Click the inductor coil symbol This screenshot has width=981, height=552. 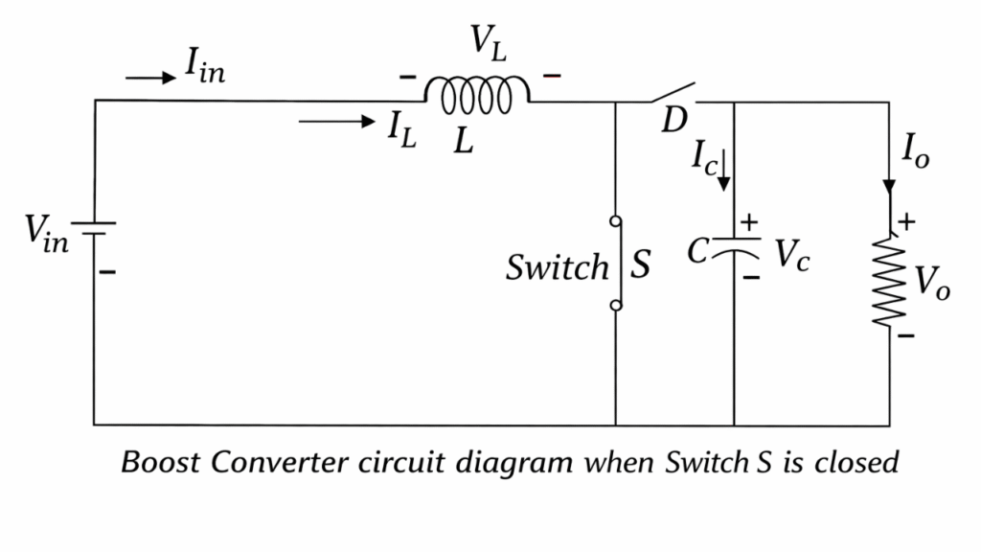click(477, 94)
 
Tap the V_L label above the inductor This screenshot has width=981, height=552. click(489, 44)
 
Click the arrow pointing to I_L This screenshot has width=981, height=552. click(336, 121)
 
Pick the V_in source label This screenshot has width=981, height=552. click(47, 233)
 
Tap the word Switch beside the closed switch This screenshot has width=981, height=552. click(558, 267)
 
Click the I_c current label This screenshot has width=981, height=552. click(703, 158)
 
